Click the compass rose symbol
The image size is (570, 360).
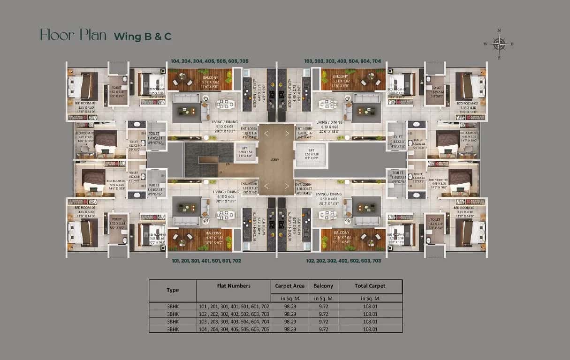tap(499, 44)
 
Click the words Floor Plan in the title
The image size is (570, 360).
tap(73, 35)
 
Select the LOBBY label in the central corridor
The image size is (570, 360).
tap(275, 160)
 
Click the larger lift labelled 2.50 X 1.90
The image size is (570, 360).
tap(308, 154)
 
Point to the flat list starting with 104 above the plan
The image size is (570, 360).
tap(210, 61)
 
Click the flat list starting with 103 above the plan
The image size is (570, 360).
tap(342, 61)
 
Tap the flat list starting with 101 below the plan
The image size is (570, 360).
tap(206, 261)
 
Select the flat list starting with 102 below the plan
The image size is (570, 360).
tap(343, 261)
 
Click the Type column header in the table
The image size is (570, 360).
tap(173, 290)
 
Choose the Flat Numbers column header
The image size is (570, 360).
tap(234, 285)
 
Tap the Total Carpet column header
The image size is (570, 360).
tap(370, 285)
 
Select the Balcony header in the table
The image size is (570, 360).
tap(323, 285)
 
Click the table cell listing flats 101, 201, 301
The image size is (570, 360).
tap(234, 306)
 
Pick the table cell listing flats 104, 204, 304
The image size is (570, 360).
tap(234, 330)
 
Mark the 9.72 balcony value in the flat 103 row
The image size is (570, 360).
tap(323, 322)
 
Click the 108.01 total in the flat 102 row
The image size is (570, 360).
tap(370, 314)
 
